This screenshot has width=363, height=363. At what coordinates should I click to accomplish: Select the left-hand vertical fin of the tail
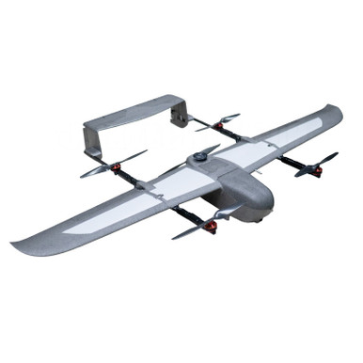90,140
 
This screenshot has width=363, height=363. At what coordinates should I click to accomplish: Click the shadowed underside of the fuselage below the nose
246,212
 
